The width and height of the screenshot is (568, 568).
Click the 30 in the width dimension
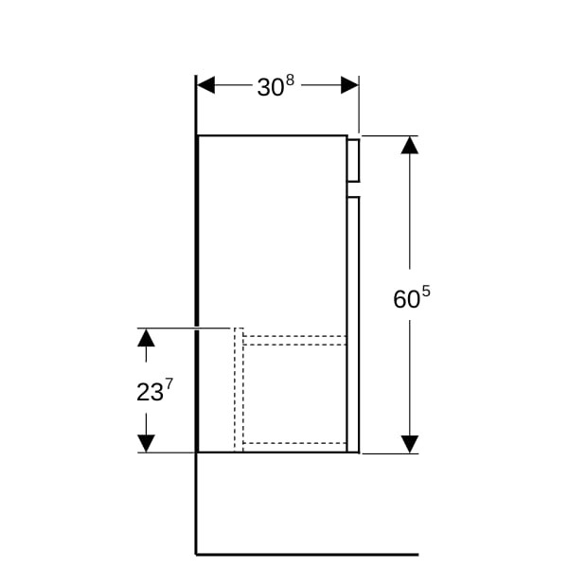pyautogui.click(x=270, y=87)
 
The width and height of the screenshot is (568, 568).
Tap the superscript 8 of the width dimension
pyautogui.click(x=290, y=80)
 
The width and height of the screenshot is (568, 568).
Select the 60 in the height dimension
pyautogui.click(x=406, y=299)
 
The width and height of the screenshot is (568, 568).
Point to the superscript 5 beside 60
pyautogui.click(x=426, y=292)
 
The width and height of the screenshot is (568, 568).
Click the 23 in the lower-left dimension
pyautogui.click(x=150, y=392)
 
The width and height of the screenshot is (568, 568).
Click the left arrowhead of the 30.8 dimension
pyautogui.click(x=205, y=85)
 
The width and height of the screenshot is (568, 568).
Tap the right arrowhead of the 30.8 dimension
pyautogui.click(x=349, y=85)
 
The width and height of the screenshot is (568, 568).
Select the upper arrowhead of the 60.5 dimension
pyautogui.click(x=410, y=145)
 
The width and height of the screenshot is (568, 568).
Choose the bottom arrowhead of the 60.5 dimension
pyautogui.click(x=410, y=444)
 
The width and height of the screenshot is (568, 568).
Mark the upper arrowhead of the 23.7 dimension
pyautogui.click(x=146, y=337)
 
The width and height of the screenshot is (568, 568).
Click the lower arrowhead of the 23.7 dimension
pyautogui.click(x=146, y=444)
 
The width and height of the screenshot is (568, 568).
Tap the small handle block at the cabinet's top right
pyautogui.click(x=353, y=160)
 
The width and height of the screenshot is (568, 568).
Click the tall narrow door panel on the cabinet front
pyautogui.click(x=353, y=325)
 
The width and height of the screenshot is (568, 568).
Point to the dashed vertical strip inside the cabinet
pyautogui.click(x=239, y=390)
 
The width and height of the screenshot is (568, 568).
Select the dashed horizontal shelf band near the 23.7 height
pyautogui.click(x=294, y=340)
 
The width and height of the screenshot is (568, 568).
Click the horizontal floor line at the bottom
pyautogui.click(x=307, y=555)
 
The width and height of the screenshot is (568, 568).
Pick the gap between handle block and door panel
pyautogui.click(x=353, y=189)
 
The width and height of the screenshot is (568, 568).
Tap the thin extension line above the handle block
pyautogui.click(x=359, y=104)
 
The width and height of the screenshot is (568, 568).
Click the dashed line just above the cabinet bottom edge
pyautogui.click(x=294, y=443)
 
